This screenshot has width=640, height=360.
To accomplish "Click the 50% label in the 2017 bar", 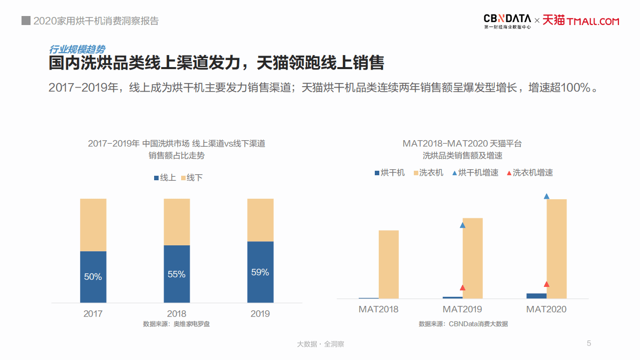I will point(93,276).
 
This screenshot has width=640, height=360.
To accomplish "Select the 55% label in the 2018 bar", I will point(177,274).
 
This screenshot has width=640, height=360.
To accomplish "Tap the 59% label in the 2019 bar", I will point(260,272).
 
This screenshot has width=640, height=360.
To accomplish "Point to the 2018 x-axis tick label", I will point(177,314).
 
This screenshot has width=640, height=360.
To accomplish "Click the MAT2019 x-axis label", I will point(462,309).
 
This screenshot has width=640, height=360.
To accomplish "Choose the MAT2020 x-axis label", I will point(546,309).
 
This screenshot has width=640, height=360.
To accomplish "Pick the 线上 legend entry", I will point(165,178).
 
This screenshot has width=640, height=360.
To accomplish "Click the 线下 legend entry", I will point(191,178).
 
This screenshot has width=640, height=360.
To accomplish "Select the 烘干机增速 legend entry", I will point(475,173).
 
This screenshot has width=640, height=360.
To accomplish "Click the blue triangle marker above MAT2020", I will point(546,196).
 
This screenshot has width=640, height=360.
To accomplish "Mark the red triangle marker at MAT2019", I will point(462,288).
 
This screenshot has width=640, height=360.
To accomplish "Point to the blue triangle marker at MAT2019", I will point(462,225).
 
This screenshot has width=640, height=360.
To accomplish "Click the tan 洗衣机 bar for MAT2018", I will point(389,264).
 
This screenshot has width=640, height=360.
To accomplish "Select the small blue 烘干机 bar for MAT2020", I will point(536,296).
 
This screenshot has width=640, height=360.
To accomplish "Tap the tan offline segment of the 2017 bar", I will point(93,225).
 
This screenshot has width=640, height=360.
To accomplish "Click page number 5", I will point(589,343).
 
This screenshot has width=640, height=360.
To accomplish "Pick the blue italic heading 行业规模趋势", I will point(77,50).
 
